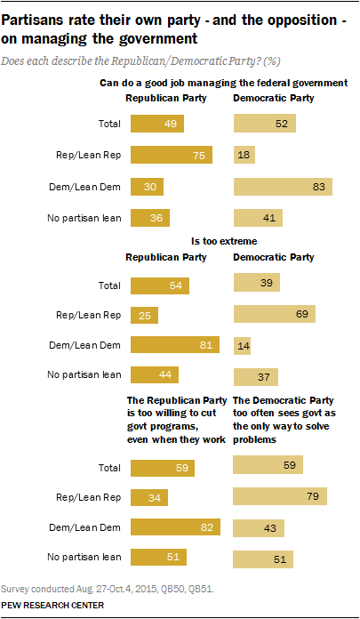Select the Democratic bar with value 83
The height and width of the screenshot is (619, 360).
(283, 186)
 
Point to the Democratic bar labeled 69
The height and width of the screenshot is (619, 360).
(275, 316)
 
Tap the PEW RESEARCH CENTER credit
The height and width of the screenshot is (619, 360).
(53, 605)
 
